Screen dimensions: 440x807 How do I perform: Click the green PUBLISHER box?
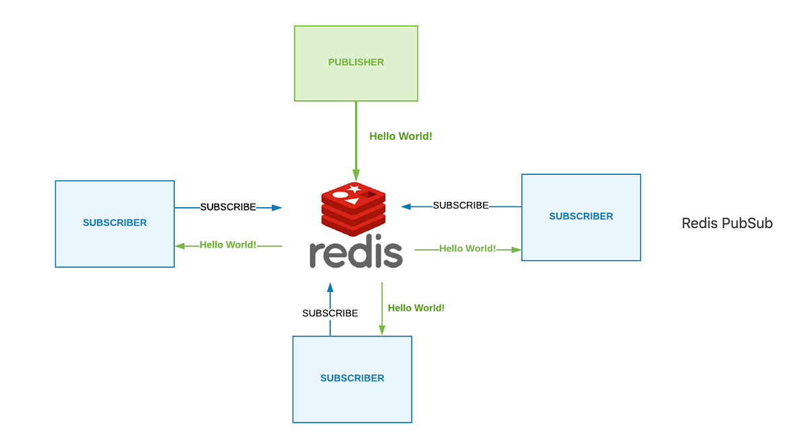(356, 63)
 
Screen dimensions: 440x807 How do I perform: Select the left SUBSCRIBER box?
(114, 223)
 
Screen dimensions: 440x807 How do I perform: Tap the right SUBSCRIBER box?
(581, 217)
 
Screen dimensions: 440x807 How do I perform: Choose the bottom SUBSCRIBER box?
(352, 379)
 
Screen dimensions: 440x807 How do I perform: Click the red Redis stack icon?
(354, 206)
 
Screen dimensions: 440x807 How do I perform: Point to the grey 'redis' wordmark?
(356, 254)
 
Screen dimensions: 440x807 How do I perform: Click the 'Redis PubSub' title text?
(727, 223)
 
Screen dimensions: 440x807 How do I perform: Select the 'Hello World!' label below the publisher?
(401, 137)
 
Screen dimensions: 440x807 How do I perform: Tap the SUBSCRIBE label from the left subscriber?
(228, 207)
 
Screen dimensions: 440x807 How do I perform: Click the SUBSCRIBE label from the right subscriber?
(461, 205)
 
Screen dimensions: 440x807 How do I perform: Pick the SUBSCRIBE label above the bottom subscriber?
(330, 314)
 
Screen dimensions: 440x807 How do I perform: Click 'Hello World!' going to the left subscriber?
(228, 245)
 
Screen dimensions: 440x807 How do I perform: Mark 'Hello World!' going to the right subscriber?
(467, 249)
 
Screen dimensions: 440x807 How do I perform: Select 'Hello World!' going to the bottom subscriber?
(416, 308)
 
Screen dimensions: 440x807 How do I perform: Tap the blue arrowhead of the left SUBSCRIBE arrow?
(276, 208)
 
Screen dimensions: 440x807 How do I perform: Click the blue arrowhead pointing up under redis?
(330, 287)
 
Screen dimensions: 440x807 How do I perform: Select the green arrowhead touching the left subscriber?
(180, 246)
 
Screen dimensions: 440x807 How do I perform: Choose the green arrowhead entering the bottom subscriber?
(382, 330)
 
